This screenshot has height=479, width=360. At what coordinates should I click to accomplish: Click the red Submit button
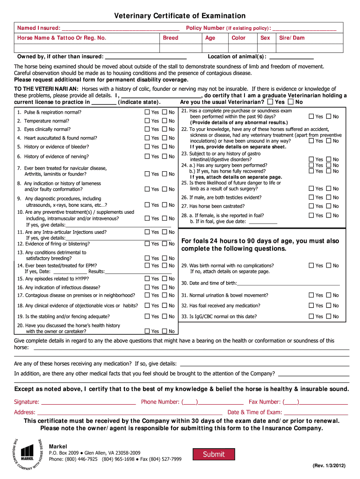pyautogui.click(x=214, y=454)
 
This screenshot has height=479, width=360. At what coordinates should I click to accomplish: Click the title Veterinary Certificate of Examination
pyautogui.click(x=180, y=16)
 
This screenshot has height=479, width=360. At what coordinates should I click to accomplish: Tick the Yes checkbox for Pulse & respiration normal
pyautogui.click(x=147, y=112)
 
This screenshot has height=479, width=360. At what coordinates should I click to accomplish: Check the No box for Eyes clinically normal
pyautogui.click(x=165, y=129)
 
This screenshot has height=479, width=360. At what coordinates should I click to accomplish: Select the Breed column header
pyautogui.click(x=171, y=38)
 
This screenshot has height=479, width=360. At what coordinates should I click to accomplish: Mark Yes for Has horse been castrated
pyautogui.click(x=311, y=206)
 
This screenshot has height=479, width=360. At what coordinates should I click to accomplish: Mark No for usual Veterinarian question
pyautogui.click(x=291, y=102)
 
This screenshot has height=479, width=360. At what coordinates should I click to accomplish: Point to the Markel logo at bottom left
pyautogui.click(x=28, y=452)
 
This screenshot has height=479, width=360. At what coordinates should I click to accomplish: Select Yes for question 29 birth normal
pyautogui.click(x=311, y=266)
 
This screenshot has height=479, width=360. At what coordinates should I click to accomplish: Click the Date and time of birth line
pyautogui.click(x=288, y=283)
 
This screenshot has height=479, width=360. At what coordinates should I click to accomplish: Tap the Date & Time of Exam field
pyautogui.click(x=316, y=413)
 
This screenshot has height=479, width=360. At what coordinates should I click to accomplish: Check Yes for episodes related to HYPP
pyautogui.click(x=147, y=279)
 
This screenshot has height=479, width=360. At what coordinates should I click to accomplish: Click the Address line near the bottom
pyautogui.click(x=130, y=413)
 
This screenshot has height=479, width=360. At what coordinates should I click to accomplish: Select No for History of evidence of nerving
pyautogui.click(x=165, y=157)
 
